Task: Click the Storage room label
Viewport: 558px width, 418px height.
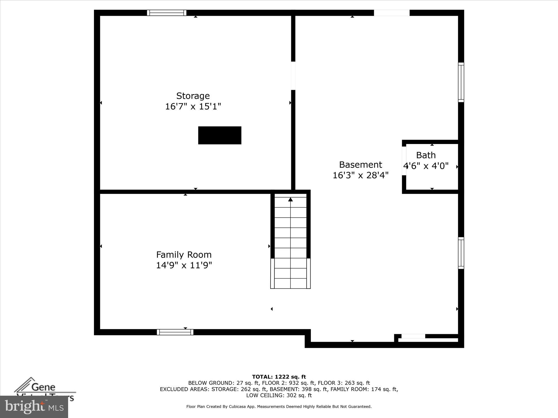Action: pyautogui.click(x=193, y=96)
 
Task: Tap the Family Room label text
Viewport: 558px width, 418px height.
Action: pyautogui.click(x=184, y=255)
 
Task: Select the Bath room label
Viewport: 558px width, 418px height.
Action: pyautogui.click(x=426, y=155)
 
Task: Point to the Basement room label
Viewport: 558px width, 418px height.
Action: pyautogui.click(x=360, y=165)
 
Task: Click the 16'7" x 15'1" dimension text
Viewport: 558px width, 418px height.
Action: pyautogui.click(x=193, y=106)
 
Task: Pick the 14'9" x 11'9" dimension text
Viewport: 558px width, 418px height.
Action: pyautogui.click(x=184, y=265)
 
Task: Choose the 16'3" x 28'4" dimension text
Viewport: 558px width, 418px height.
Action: pyautogui.click(x=360, y=175)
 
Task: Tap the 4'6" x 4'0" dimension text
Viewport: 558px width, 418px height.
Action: pyautogui.click(x=426, y=166)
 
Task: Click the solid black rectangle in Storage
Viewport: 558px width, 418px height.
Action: pyautogui.click(x=220, y=135)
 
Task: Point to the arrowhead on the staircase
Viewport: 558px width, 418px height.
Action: pyautogui.click(x=290, y=199)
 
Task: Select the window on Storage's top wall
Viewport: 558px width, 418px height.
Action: pyautogui.click(x=167, y=13)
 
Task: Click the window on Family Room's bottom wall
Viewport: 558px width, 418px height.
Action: pyautogui.click(x=175, y=332)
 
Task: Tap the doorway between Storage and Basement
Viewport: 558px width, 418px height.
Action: pyautogui.click(x=293, y=76)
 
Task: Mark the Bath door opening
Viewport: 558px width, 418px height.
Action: pyautogui.click(x=404, y=161)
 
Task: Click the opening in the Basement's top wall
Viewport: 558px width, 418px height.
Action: pyautogui.click(x=392, y=13)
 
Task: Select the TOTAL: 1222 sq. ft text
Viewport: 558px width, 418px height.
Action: pyautogui.click(x=279, y=377)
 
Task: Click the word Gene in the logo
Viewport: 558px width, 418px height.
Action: pyautogui.click(x=43, y=387)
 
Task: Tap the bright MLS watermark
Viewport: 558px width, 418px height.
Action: pyautogui.click(x=34, y=407)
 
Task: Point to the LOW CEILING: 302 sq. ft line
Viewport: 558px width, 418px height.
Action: pyautogui.click(x=279, y=395)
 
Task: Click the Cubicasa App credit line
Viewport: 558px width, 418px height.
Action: pyautogui.click(x=279, y=407)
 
